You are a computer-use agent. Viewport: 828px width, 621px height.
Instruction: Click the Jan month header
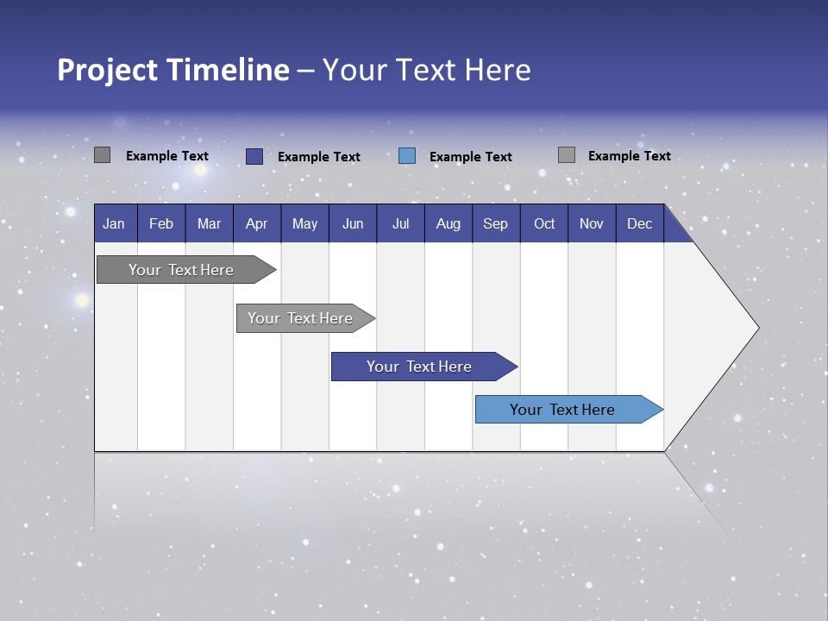(114, 223)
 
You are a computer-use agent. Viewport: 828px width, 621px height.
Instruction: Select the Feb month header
(161, 223)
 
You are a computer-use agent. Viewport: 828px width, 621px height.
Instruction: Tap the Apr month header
(256, 223)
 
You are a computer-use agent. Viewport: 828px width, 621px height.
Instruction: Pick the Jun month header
(353, 223)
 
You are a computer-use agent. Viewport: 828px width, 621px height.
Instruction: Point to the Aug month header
(448, 223)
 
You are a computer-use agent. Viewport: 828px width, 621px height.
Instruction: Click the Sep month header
(495, 223)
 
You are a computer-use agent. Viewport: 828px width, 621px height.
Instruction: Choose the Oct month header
(544, 223)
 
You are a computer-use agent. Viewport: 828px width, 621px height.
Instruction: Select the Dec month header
(639, 223)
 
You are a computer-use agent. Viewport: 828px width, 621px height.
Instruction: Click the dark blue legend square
(254, 156)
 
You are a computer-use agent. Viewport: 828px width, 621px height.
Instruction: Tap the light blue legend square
(407, 156)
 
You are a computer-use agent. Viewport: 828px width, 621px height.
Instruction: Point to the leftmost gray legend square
(102, 155)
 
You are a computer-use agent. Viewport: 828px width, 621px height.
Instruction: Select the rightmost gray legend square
(566, 155)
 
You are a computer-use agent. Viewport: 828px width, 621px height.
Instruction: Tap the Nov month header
(592, 223)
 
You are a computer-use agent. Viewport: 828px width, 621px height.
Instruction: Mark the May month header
(304, 223)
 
